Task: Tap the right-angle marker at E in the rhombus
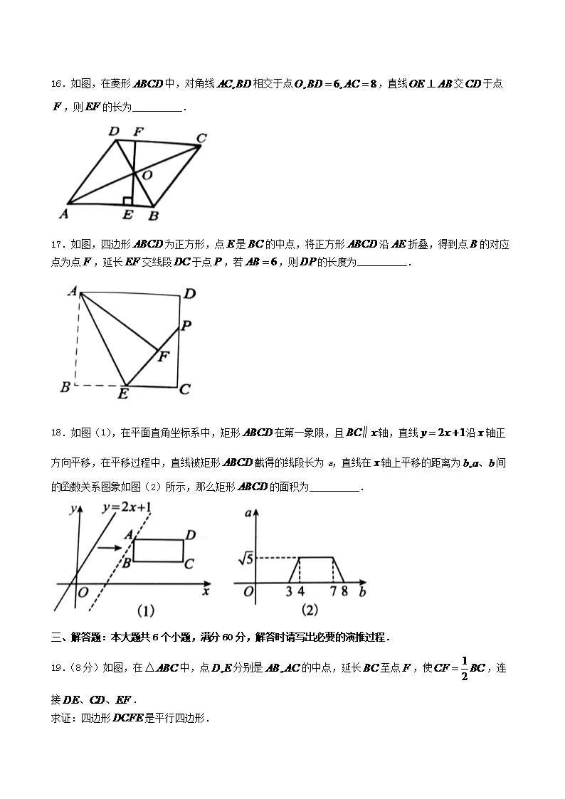(127, 201)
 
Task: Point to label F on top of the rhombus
(138, 132)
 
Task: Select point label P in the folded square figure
(186, 326)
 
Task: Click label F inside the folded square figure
(163, 356)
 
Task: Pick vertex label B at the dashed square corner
(65, 388)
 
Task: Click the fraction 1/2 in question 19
(463, 668)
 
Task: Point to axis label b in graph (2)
(363, 592)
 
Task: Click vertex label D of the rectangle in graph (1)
(191, 535)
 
